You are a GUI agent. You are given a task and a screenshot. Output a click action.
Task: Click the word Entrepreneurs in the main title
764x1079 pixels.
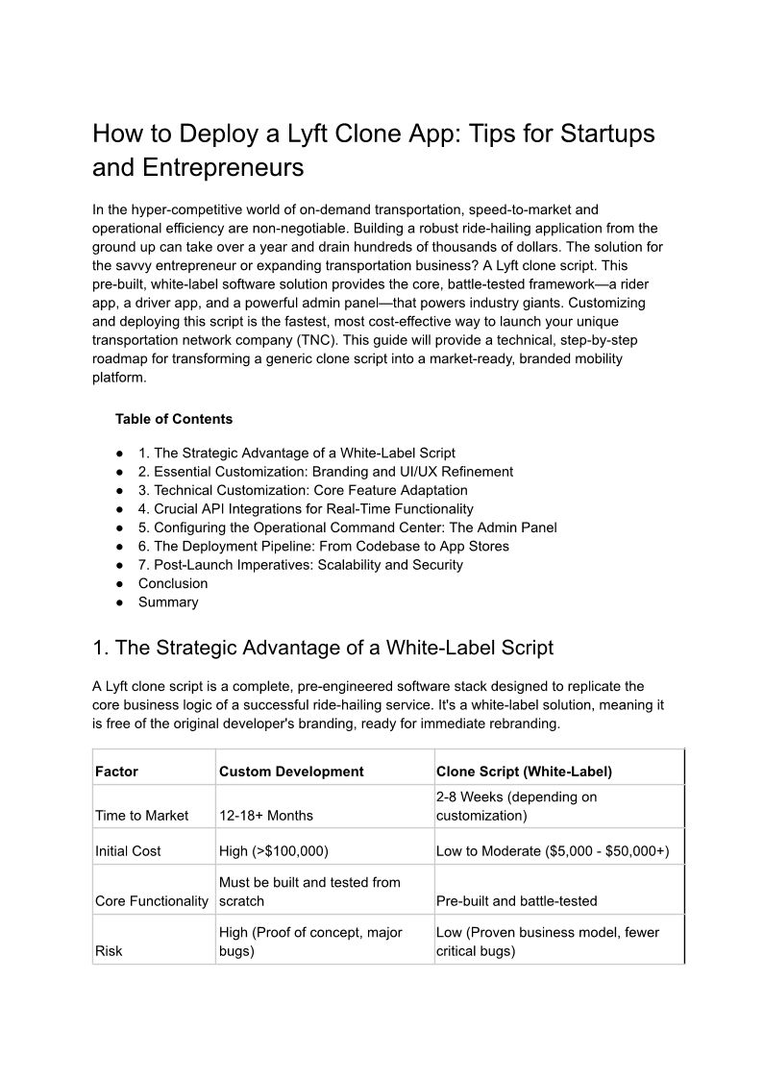pos(223,168)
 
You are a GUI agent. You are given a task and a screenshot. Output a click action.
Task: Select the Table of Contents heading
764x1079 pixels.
pos(174,419)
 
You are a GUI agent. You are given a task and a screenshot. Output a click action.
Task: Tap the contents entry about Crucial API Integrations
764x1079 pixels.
pos(306,509)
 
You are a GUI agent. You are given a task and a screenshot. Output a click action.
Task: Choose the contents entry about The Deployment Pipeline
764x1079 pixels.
pos(324,546)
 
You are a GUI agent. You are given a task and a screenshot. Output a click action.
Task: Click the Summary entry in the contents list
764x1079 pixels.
pos(168,602)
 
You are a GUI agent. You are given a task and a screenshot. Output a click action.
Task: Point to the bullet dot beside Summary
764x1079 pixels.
pos(120,602)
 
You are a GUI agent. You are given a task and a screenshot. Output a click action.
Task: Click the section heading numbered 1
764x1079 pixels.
pos(323,648)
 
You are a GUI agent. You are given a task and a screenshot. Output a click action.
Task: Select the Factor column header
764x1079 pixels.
pos(116,772)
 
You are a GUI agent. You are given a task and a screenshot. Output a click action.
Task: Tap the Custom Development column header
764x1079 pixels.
pos(291,772)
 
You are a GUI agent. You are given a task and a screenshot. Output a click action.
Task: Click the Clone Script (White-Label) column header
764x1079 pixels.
pos(524,772)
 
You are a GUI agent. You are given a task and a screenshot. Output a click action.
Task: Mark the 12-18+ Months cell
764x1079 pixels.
pos(266,816)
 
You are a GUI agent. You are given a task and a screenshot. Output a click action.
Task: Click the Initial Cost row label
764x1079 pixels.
pos(128,851)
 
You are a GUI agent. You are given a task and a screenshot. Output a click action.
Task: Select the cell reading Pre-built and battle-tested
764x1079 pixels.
pos(516,901)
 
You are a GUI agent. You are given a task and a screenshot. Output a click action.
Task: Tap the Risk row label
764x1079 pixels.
pos(109,951)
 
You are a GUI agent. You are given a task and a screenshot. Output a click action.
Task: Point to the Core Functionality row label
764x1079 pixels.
pos(152,901)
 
